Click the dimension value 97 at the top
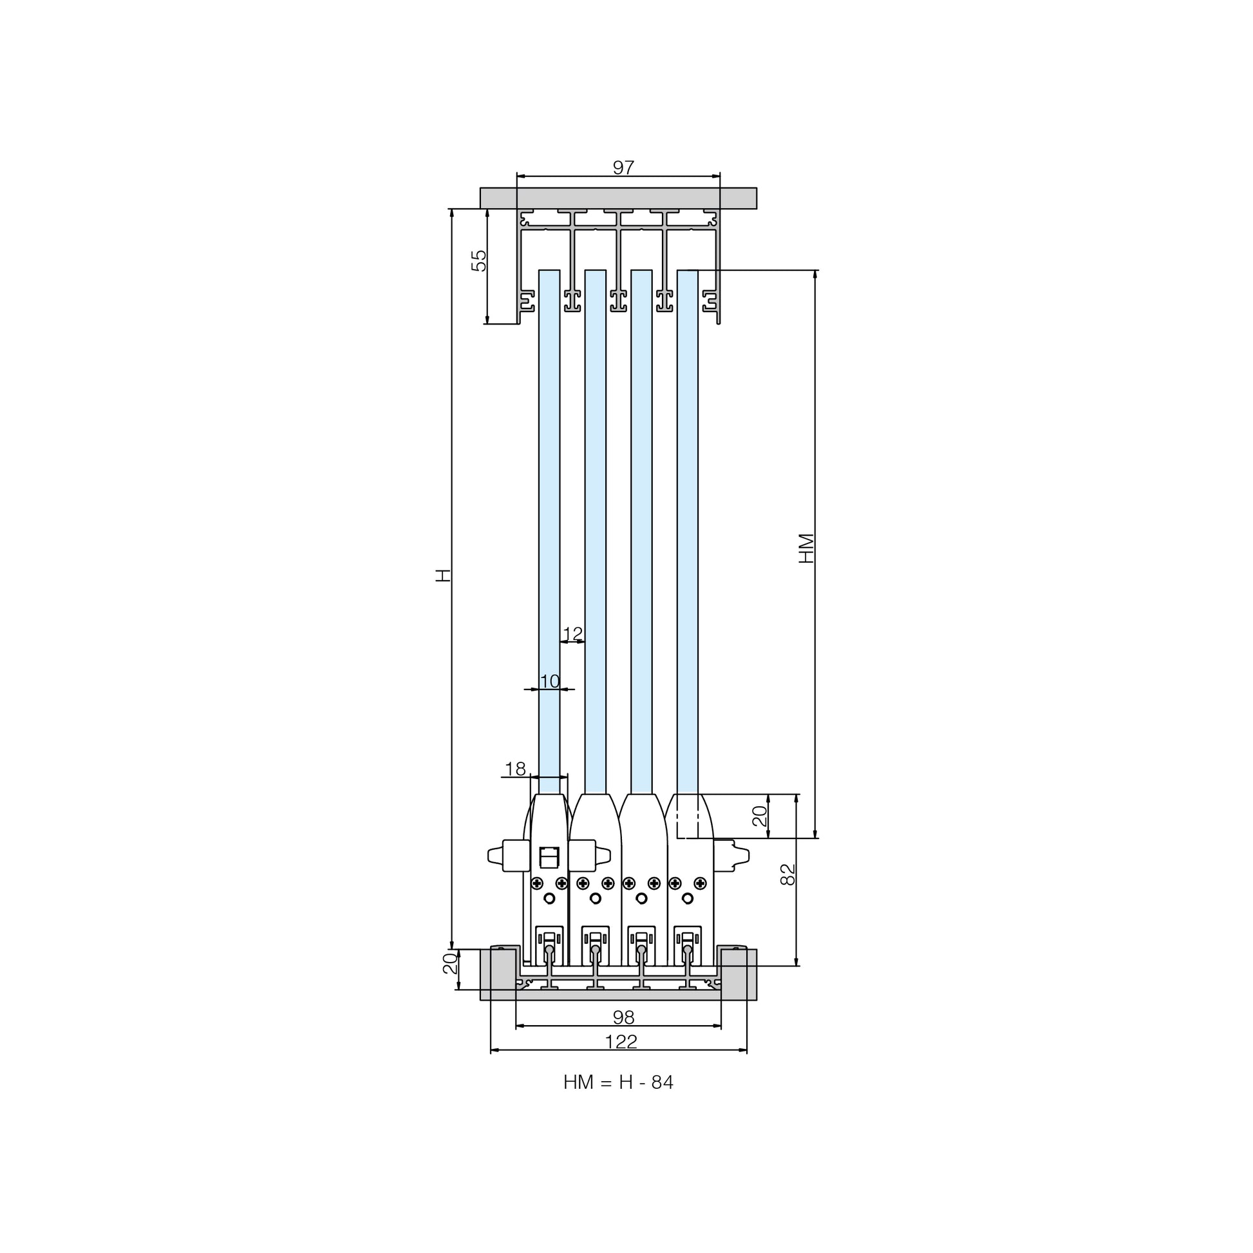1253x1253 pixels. tap(623, 167)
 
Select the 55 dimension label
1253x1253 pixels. tap(478, 260)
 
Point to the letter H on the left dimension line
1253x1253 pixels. tap(442, 575)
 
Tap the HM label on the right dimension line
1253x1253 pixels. tap(806, 548)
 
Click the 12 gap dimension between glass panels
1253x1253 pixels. tap(572, 634)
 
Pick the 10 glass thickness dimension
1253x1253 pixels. tap(549, 681)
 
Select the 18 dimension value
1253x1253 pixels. tap(515, 769)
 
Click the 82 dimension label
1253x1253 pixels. tap(787, 874)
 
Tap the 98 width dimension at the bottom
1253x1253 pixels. tap(623, 1017)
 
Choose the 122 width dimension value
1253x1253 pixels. tap(621, 1042)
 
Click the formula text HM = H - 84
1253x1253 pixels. tap(618, 1082)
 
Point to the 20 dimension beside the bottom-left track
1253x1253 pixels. tap(450, 964)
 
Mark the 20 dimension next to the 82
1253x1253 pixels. tap(759, 816)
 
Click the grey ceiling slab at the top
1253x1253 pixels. tap(618, 198)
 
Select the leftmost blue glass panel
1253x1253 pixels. tap(549, 532)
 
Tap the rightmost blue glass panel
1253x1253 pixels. tap(688, 532)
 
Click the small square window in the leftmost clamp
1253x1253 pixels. tap(549, 857)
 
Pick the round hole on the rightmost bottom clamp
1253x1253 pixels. tap(688, 898)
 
